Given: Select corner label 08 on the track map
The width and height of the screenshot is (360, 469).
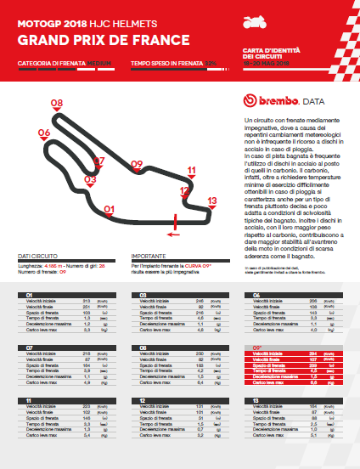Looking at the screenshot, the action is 57,103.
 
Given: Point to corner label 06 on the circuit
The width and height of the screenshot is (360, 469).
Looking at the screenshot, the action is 43,133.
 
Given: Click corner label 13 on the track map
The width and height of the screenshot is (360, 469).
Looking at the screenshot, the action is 211,201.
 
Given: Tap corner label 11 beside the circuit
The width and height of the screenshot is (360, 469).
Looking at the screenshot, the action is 192,171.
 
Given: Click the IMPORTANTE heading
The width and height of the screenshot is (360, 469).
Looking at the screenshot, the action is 148,255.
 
